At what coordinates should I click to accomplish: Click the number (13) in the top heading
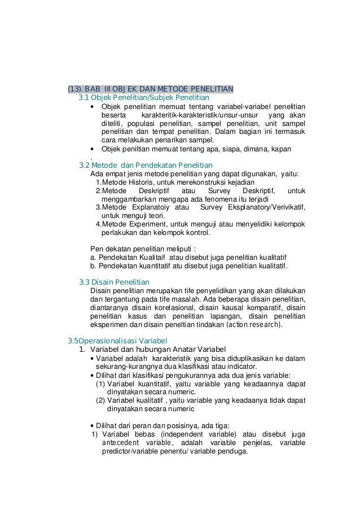(75, 89)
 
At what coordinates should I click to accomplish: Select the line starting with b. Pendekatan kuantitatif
(189, 266)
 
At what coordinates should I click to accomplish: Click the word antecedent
(124, 443)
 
